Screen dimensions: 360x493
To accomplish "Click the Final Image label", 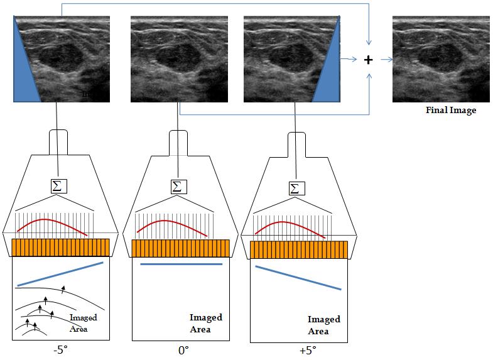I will (x=450, y=111).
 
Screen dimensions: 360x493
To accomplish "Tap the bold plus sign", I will (x=369, y=60).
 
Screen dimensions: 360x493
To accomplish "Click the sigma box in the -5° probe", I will (x=59, y=186).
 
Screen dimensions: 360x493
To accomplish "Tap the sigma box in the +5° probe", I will (x=296, y=187).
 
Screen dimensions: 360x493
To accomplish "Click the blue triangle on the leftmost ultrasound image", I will (x=23, y=69).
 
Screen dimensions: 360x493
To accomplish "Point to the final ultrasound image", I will (x=441, y=60).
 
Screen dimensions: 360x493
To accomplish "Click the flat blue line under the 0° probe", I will (x=181, y=265).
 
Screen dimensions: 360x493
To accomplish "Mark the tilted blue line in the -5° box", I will (x=60, y=274).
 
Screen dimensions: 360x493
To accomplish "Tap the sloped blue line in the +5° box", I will (x=298, y=278).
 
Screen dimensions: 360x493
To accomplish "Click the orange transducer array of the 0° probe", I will (x=181, y=248).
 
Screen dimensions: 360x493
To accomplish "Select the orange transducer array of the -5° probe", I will (x=60, y=247).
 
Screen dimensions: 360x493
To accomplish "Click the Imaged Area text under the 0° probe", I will (x=205, y=324).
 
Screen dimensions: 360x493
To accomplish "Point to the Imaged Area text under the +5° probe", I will (x=324, y=325).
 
